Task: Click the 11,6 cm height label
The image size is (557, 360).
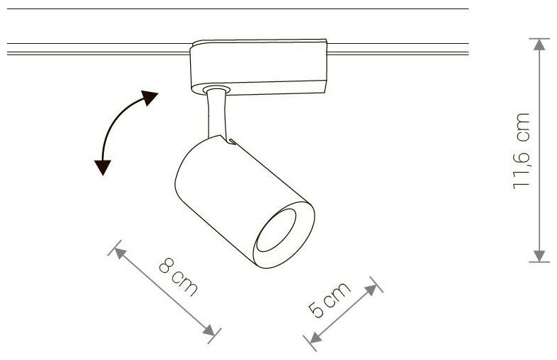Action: pyautogui.click(x=524, y=150)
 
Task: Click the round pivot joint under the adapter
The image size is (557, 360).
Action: pyautogui.click(x=216, y=90)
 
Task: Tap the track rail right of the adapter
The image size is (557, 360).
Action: pyautogui.click(x=399, y=49)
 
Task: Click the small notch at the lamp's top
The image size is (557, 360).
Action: pyautogui.click(x=231, y=141)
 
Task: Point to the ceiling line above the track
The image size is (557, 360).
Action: pyautogui.click(x=233, y=8)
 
